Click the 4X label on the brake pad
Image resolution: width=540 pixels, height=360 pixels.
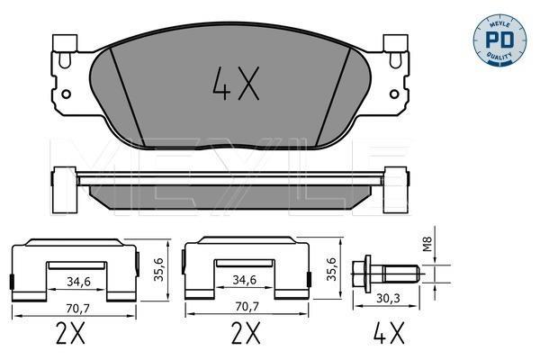tap(236, 84)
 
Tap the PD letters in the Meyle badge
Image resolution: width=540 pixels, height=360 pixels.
tap(499, 40)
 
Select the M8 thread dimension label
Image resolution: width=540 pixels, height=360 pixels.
tap(427, 244)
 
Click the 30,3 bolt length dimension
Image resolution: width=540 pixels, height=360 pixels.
tap(388, 298)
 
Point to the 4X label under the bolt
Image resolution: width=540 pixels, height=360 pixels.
tap(389, 333)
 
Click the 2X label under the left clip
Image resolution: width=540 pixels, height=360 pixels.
tap(70, 333)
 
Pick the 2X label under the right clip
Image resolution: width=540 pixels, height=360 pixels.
tap(246, 333)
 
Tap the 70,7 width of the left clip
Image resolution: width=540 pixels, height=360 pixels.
tap(77, 309)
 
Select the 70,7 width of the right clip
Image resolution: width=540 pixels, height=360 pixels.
tap(247, 306)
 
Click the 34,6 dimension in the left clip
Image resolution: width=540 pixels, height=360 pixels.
tap(78, 282)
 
